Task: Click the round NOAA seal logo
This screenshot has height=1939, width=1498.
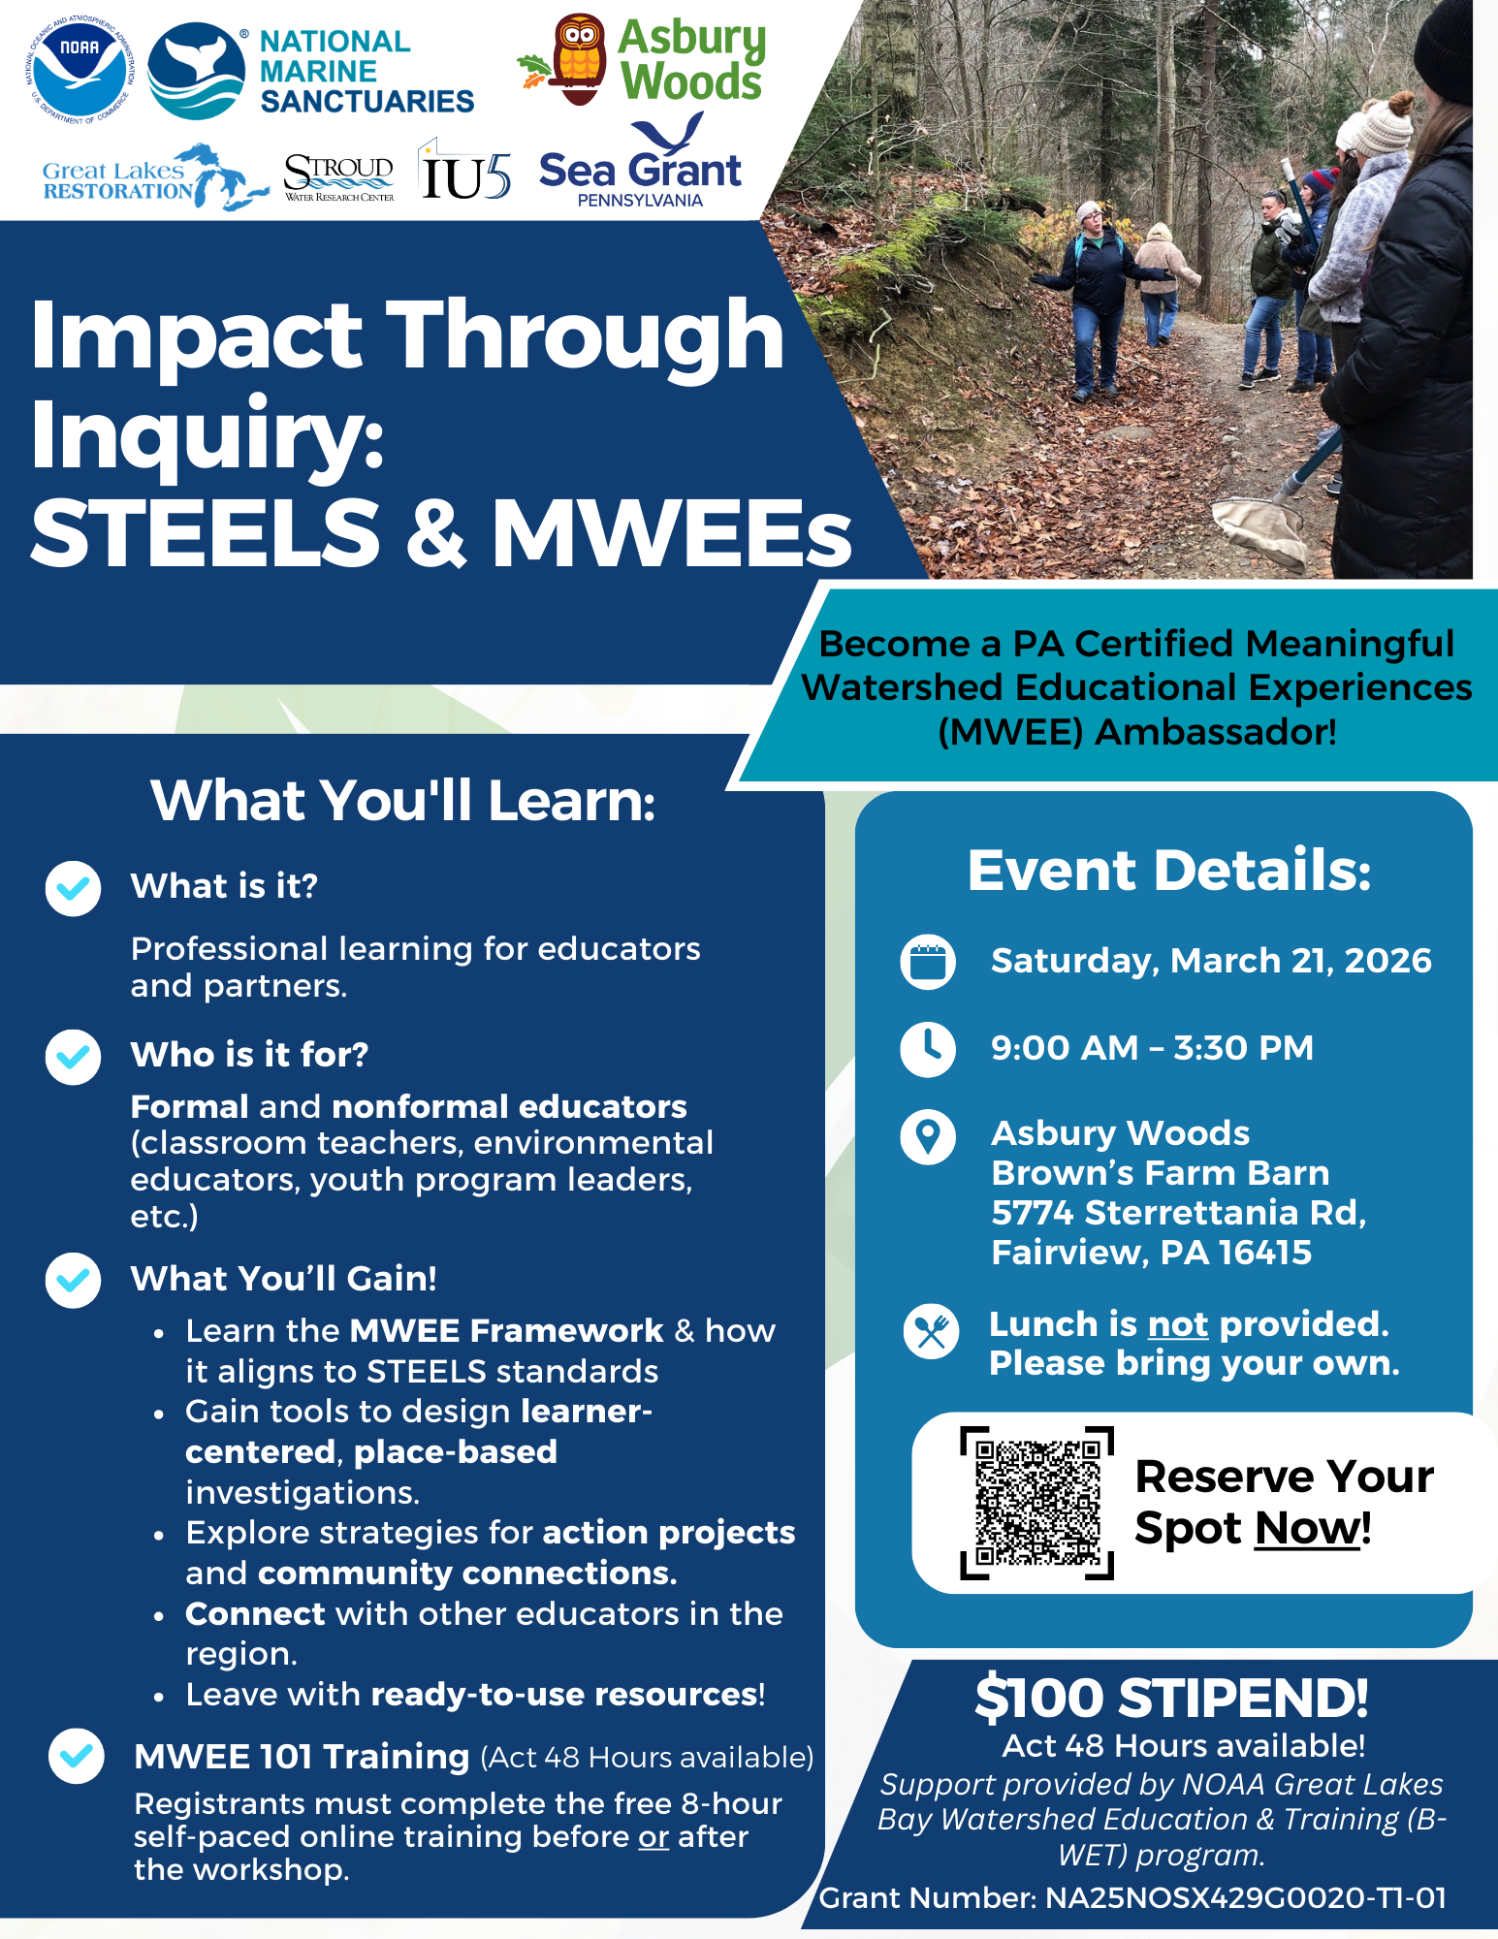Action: (79, 69)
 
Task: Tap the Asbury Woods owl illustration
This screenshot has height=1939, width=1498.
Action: (578, 59)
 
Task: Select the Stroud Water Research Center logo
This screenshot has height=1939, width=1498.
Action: (338, 177)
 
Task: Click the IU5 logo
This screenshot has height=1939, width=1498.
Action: (464, 173)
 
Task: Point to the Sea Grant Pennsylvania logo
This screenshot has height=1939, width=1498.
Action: (641, 165)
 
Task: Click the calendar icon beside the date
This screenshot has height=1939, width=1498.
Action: (928, 962)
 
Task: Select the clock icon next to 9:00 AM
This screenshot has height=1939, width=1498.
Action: (928, 1048)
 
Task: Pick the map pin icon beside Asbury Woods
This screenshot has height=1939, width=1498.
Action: (928, 1135)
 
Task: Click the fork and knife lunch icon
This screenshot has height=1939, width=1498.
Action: (931, 1331)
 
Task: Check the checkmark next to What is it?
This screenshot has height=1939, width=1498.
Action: (73, 888)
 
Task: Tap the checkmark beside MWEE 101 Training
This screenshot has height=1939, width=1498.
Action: (77, 1756)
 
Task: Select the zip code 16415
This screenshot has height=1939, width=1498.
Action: (1264, 1253)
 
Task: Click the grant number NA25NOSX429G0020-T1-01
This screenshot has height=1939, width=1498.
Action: (1245, 1897)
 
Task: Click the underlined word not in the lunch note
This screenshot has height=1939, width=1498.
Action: (1177, 1324)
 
